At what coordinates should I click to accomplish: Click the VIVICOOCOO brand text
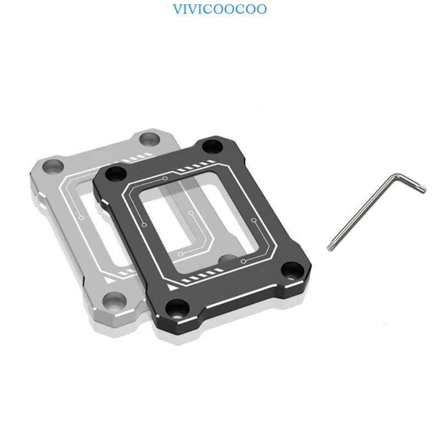pos(220,9)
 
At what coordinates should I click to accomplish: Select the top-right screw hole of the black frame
pos(212,147)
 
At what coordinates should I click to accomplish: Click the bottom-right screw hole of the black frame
pos(292,271)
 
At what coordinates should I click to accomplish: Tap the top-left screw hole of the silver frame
pos(53,167)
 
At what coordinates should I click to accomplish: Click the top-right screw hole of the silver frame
pos(149,139)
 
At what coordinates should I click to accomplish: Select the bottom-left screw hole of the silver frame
pos(114,301)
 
